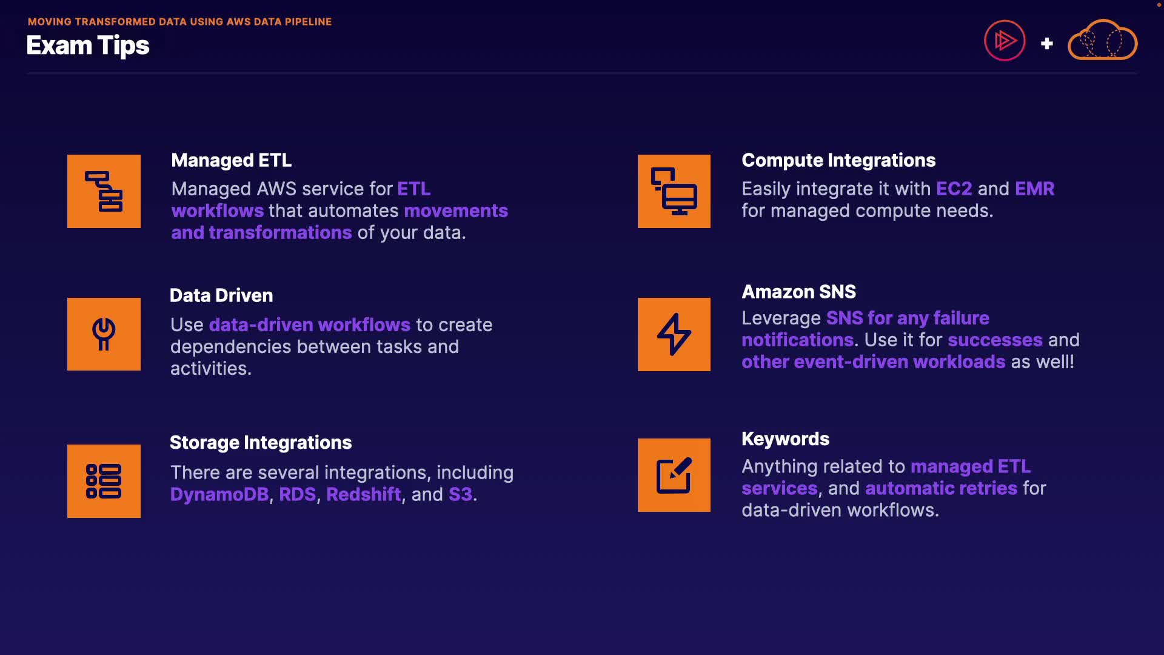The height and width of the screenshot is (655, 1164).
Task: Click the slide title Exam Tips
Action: pyautogui.click(x=88, y=45)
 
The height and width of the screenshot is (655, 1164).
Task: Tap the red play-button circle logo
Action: pyautogui.click(x=1005, y=41)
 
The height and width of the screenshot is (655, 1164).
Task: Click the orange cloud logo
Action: pyautogui.click(x=1102, y=39)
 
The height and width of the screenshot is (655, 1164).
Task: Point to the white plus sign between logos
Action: pyautogui.click(x=1046, y=43)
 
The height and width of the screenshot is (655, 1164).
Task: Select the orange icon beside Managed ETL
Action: pyautogui.click(x=104, y=191)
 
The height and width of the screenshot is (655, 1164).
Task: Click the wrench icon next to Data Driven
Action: pyautogui.click(x=104, y=334)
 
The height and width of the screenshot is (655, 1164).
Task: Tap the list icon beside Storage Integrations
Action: pyautogui.click(x=104, y=481)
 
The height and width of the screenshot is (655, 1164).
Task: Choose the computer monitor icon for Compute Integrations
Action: pyautogui.click(x=674, y=191)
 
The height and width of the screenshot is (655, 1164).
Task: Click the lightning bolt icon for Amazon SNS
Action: pyautogui.click(x=674, y=334)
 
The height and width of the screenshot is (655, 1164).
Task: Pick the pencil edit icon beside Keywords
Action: pyautogui.click(x=674, y=475)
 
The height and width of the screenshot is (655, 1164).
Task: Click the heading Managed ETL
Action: pyautogui.click(x=232, y=160)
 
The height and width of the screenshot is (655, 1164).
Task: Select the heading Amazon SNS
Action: pyautogui.click(x=799, y=292)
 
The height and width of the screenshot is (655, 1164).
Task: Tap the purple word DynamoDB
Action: pyautogui.click(x=219, y=494)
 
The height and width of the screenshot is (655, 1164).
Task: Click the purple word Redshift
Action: pyautogui.click(x=364, y=494)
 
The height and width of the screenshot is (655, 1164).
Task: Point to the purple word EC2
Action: pyautogui.click(x=954, y=189)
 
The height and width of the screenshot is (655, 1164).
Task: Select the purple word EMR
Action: pyautogui.click(x=1035, y=189)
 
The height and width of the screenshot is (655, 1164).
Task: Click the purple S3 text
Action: pyautogui.click(x=461, y=494)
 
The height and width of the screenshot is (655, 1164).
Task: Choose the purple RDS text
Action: pyautogui.click(x=298, y=494)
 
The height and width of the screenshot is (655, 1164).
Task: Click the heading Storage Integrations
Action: pyautogui.click(x=261, y=443)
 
